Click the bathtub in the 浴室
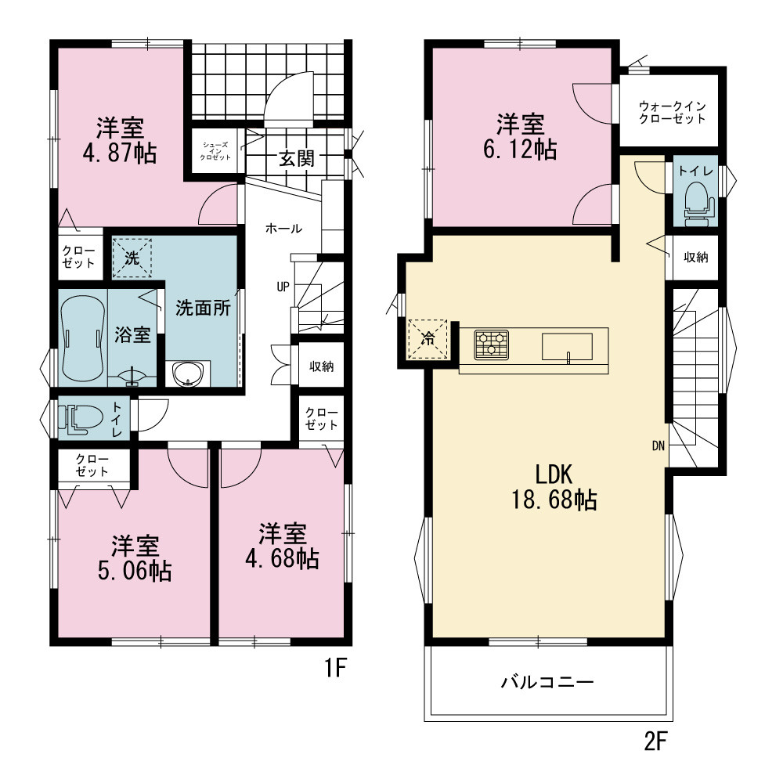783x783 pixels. [83, 339]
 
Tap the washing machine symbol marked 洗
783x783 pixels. [132, 258]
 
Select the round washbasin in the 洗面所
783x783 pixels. [188, 373]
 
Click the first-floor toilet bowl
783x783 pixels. [80, 417]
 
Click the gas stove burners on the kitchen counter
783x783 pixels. [492, 345]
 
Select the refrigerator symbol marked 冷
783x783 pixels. [428, 339]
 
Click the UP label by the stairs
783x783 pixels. [283, 287]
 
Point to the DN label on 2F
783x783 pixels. [659, 446]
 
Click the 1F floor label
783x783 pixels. [335, 668]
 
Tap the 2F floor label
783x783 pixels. [655, 741]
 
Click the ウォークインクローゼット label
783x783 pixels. [672, 112]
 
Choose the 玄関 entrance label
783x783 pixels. [297, 159]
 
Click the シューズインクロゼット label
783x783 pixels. [216, 151]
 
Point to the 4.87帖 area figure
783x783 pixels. [119, 153]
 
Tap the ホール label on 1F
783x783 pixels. [283, 229]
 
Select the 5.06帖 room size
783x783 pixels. [135, 572]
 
